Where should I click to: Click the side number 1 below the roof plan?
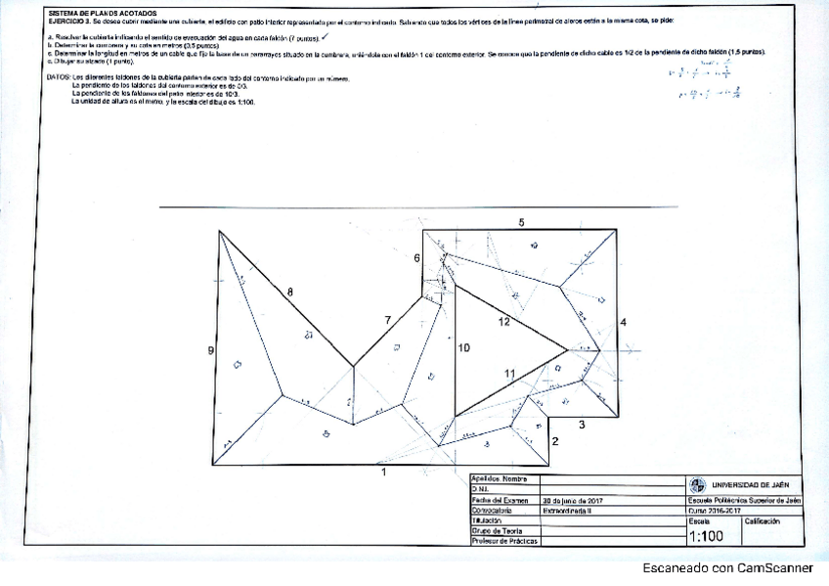(x=384, y=473)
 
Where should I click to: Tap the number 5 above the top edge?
(x=521, y=223)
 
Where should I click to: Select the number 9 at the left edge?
(x=211, y=350)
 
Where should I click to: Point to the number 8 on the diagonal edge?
(x=289, y=292)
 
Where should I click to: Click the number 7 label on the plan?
(x=387, y=320)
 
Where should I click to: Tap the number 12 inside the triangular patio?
(x=504, y=321)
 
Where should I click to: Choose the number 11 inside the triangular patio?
(x=509, y=374)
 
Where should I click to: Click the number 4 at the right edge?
(x=623, y=322)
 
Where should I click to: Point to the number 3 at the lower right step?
(x=582, y=424)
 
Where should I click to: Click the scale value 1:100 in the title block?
(x=706, y=536)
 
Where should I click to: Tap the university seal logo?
(x=696, y=485)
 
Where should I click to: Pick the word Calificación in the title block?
(x=763, y=521)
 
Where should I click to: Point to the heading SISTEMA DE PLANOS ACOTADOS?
(x=97, y=13)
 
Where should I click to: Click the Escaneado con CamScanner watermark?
(x=727, y=567)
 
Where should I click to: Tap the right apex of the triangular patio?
(x=569, y=347)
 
